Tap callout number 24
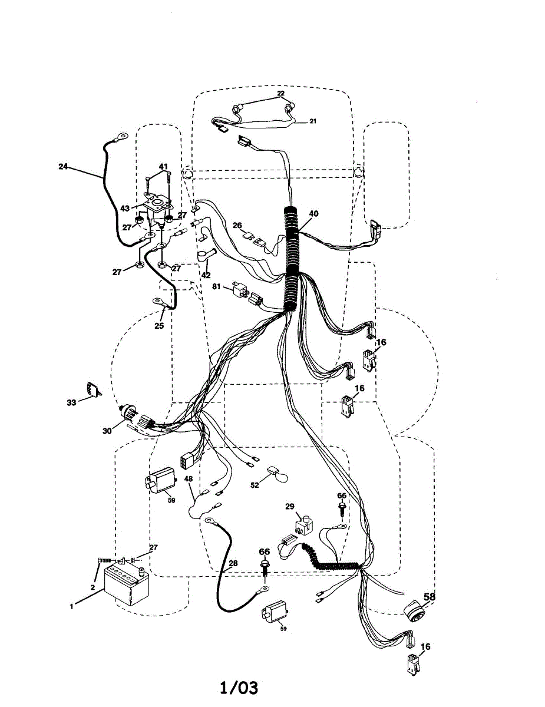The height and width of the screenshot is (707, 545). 64,167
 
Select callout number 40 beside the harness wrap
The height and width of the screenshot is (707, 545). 313,214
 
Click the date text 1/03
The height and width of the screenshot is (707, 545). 239,688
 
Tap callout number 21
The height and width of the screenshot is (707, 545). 313,121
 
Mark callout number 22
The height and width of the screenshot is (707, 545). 281,94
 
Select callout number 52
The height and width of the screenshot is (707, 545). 255,485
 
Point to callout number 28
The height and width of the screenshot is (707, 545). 233,563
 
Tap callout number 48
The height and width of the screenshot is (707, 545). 189,479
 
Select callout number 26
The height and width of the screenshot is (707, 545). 237,224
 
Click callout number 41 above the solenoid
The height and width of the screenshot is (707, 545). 163,166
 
